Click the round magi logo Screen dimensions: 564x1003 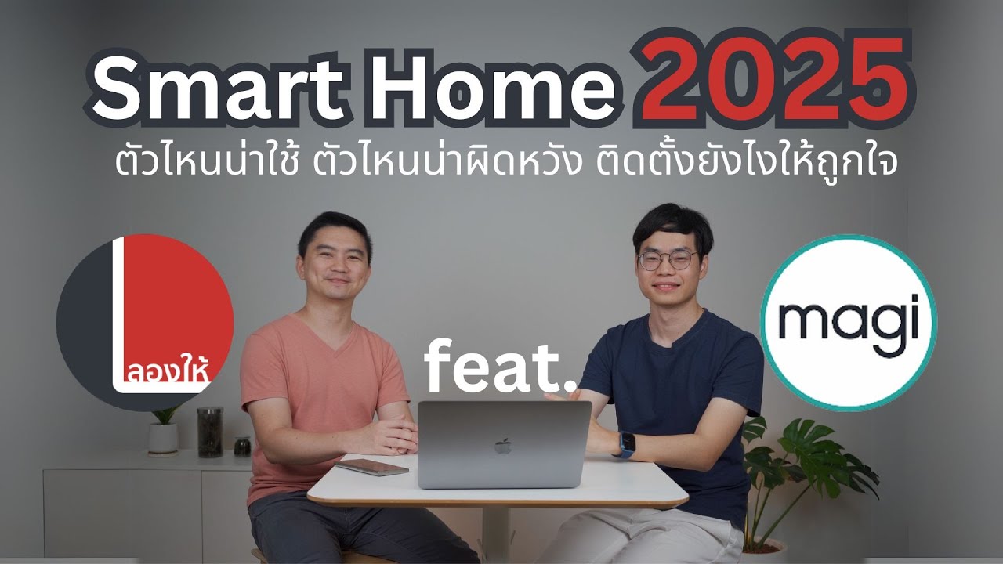click(x=848, y=322)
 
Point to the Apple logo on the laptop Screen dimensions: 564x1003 click(x=502, y=446)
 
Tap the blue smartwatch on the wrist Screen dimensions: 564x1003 click(x=627, y=445)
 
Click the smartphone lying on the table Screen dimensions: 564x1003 click(x=372, y=467)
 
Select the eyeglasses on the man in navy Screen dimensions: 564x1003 click(x=666, y=260)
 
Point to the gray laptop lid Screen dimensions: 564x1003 click(x=503, y=443)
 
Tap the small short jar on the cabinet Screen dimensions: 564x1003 click(x=242, y=446)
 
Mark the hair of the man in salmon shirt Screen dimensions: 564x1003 click(x=334, y=227)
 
